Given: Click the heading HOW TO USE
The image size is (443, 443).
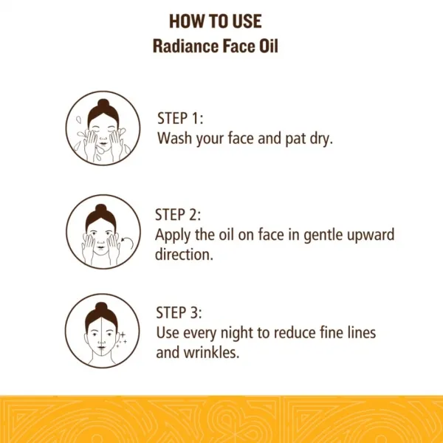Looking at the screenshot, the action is pyautogui.click(x=216, y=21).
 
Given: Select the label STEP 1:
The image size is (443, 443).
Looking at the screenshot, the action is pyautogui.click(x=180, y=118).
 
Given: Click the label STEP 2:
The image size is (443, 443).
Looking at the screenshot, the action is pyautogui.click(x=178, y=215).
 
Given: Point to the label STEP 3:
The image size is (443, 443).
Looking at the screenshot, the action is pyautogui.click(x=179, y=313).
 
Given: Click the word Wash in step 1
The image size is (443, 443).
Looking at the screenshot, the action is pyautogui.click(x=174, y=138).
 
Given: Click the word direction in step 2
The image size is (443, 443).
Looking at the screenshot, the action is pyautogui.click(x=184, y=254).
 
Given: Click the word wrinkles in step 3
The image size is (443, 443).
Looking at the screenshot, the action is pyautogui.click(x=211, y=352).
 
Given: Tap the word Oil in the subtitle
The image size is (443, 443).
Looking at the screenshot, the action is pyautogui.click(x=269, y=46).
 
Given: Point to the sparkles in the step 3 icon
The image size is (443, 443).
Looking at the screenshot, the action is pyautogui.click(x=122, y=339).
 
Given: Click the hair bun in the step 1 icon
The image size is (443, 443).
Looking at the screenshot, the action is pyautogui.click(x=103, y=103).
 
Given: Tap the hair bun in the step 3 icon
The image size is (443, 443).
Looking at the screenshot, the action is pyautogui.click(x=101, y=307).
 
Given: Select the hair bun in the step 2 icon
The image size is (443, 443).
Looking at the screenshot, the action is pyautogui.click(x=101, y=208).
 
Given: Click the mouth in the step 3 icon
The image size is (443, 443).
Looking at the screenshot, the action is pyautogui.click(x=101, y=347).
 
